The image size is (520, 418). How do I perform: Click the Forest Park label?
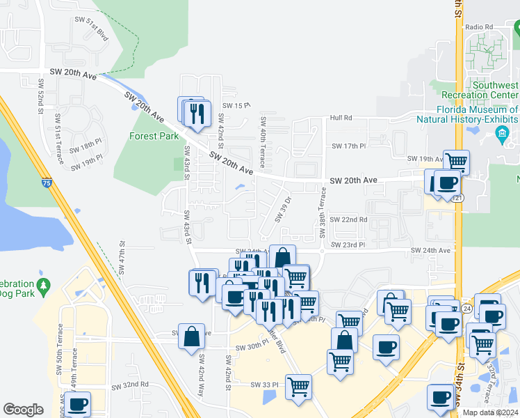tap(154, 136)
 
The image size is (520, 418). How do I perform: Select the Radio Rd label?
tap(479, 26)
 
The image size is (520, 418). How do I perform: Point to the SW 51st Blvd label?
tap(92, 31)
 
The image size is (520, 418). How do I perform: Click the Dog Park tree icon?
tap(44, 285)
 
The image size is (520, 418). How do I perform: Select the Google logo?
tap(23, 409)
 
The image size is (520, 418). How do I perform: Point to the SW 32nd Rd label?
tap(131, 385)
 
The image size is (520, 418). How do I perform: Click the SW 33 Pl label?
tap(266, 384)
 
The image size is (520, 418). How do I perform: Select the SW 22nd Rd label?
tap(348, 219)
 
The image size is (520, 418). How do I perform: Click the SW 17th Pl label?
tap(348, 146)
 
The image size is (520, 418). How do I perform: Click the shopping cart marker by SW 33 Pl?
tap(298, 387)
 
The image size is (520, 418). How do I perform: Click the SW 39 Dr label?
tap(282, 209)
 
